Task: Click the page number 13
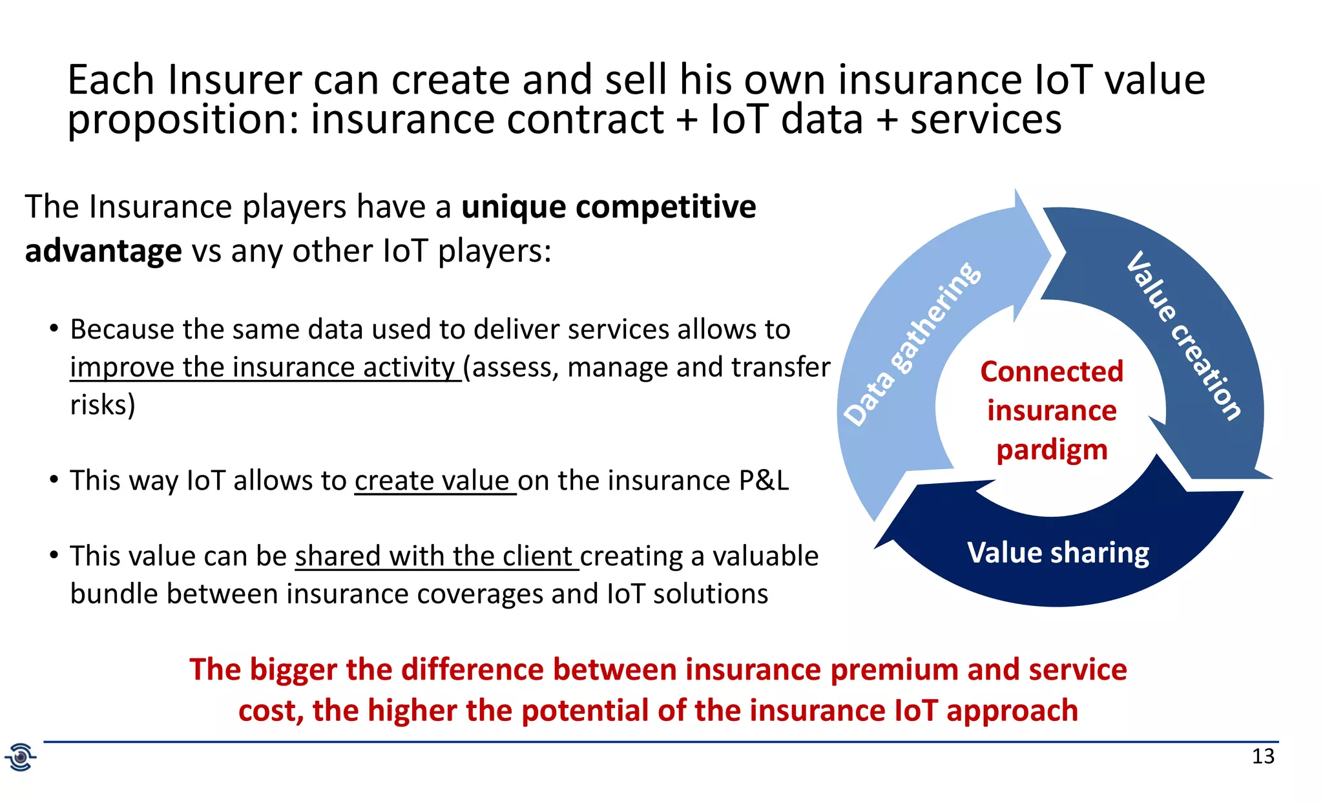tap(1263, 756)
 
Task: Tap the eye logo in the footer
tap(21, 756)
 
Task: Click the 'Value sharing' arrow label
tap(1058, 553)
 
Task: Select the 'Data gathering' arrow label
tap(912, 344)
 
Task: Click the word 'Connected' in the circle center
tap(1052, 371)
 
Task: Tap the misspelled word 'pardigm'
tap(1052, 450)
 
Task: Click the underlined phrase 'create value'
tap(432, 481)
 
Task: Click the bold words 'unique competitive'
tap(608, 207)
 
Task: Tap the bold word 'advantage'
tap(103, 251)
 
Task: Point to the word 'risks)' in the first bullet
tap(103, 405)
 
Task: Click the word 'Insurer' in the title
tap(235, 80)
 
